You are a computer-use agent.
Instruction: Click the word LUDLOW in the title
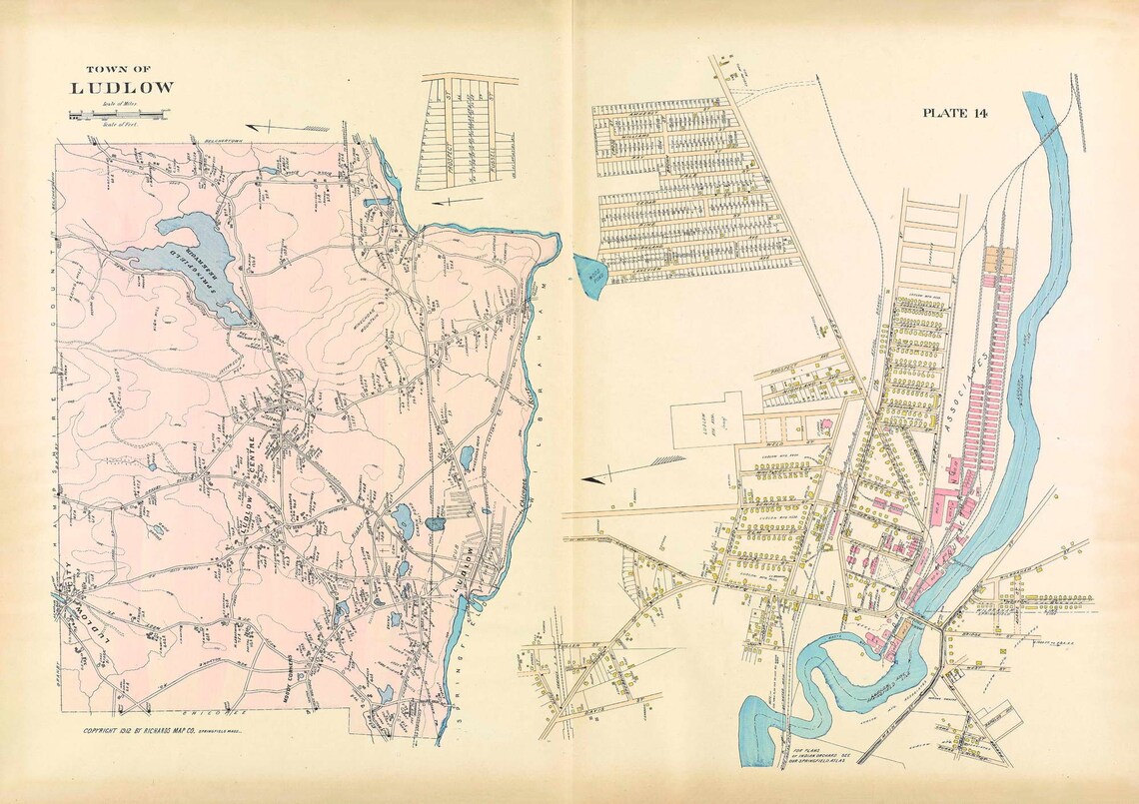tap(121, 87)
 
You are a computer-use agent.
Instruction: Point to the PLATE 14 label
tap(954, 113)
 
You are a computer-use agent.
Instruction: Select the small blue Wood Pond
tap(589, 273)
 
